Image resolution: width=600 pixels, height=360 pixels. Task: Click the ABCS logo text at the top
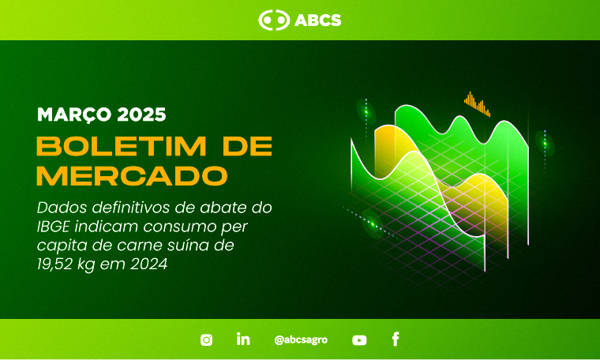318,21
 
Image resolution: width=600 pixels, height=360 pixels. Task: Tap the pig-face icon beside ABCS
274,20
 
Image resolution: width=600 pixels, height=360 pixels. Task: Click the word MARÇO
74,114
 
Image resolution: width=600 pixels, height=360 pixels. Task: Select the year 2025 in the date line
141,114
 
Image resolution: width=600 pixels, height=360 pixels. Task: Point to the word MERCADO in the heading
132,175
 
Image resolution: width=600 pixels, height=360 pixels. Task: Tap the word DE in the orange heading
248,146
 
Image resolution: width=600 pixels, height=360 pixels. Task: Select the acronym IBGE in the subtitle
53,227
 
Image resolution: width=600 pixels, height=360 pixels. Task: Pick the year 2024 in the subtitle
149,264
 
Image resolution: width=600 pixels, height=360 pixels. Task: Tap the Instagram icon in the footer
206,339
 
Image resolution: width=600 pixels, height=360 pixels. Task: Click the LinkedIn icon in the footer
243,339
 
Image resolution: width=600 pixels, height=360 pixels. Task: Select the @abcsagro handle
301,339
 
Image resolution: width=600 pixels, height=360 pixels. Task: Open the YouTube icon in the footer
359,340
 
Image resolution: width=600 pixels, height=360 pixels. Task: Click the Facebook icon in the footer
396,339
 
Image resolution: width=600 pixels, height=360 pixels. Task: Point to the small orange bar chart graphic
477,103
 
